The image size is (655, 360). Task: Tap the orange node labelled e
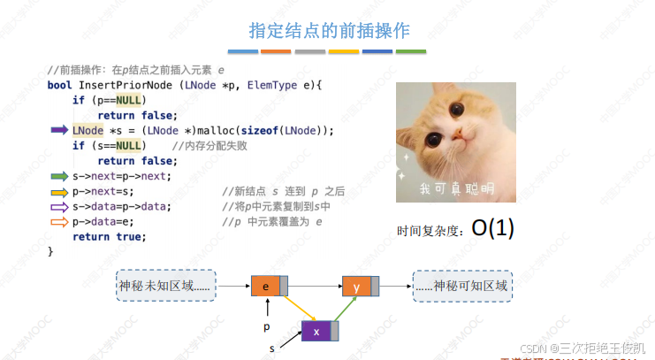[x=266, y=286]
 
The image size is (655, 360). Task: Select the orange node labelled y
[x=357, y=286]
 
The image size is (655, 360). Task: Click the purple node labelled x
[x=316, y=332]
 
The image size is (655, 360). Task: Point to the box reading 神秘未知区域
[x=166, y=286]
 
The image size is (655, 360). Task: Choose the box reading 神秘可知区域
[x=462, y=286]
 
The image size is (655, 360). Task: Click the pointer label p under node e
[x=267, y=326]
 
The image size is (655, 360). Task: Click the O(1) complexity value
[x=492, y=228]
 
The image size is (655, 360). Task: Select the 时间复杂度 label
[x=431, y=231]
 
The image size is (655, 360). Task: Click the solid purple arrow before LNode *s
[x=59, y=130]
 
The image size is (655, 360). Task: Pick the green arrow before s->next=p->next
[x=59, y=176]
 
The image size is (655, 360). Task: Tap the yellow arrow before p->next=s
[x=59, y=191]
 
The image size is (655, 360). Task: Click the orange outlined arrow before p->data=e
[x=59, y=221]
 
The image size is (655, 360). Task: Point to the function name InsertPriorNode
[x=127, y=85]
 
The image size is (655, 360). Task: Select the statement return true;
[x=109, y=236]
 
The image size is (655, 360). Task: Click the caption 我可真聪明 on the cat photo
[x=456, y=188]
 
